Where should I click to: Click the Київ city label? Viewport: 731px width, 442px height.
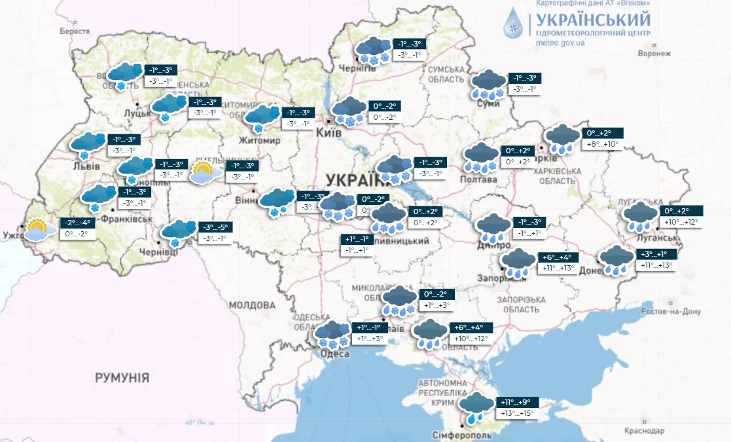point(329,132)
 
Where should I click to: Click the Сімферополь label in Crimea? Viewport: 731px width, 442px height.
point(457,435)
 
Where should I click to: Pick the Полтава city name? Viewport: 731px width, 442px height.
point(480,179)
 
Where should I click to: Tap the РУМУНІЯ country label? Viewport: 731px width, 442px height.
point(122,378)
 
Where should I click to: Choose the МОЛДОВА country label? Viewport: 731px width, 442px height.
point(252,305)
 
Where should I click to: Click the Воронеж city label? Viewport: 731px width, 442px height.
point(654,54)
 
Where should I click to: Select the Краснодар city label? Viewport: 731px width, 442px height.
point(644,431)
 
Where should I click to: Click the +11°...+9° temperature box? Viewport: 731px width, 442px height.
point(516,402)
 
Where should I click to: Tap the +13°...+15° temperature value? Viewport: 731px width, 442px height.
point(516,413)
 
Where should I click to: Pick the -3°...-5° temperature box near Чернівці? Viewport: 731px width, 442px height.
point(215,227)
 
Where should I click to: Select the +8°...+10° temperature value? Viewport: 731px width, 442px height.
point(603,144)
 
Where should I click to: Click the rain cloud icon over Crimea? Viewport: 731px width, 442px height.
point(476,407)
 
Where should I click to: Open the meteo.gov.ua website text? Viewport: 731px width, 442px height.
point(560,43)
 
